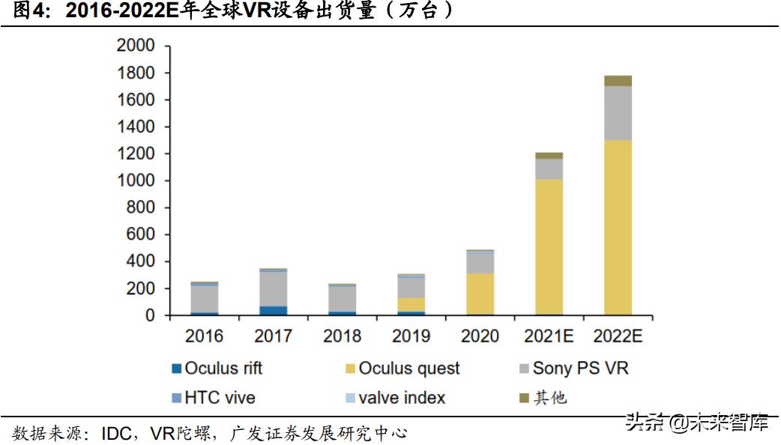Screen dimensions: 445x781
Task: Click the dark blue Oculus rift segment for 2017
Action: click(274, 310)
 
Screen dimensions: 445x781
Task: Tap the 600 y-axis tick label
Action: click(142, 235)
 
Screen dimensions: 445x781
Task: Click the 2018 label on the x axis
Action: click(343, 336)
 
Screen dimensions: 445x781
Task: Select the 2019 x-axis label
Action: click(411, 336)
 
